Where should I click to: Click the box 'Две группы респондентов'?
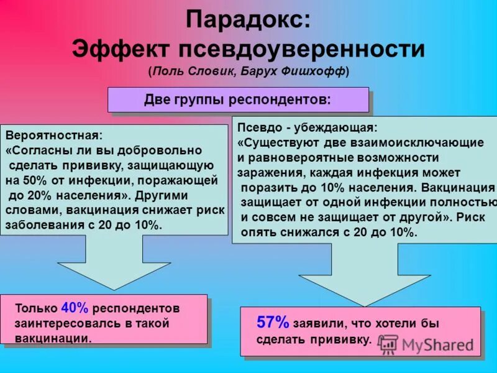tap(238, 99)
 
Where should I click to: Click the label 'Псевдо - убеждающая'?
tap(307, 127)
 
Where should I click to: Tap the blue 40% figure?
tap(75, 308)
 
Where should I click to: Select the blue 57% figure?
tap(273, 322)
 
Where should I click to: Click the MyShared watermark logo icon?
tap(388, 344)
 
